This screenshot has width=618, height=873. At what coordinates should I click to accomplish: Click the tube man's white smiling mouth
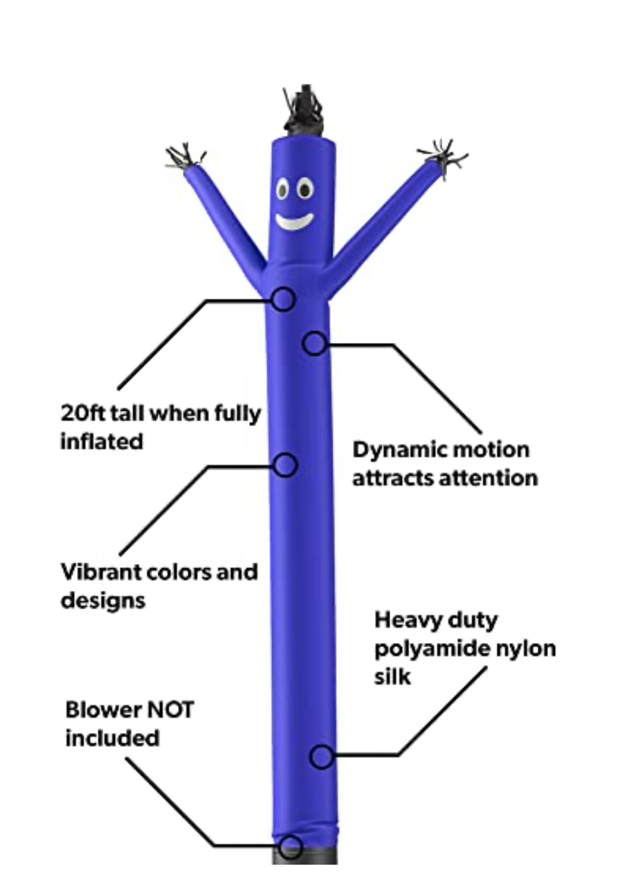(x=294, y=221)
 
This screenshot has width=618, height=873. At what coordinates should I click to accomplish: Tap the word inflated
(x=102, y=441)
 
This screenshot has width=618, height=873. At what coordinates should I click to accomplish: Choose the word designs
(x=103, y=600)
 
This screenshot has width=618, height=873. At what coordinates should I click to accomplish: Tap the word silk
(x=392, y=677)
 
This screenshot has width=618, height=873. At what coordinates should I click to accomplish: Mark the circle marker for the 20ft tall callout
(x=283, y=299)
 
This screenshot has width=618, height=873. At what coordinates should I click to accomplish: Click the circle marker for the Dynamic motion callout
(x=315, y=344)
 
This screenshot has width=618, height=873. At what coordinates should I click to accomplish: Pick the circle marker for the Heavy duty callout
(x=321, y=757)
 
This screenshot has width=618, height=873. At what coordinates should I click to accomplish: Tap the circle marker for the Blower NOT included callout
(x=291, y=846)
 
